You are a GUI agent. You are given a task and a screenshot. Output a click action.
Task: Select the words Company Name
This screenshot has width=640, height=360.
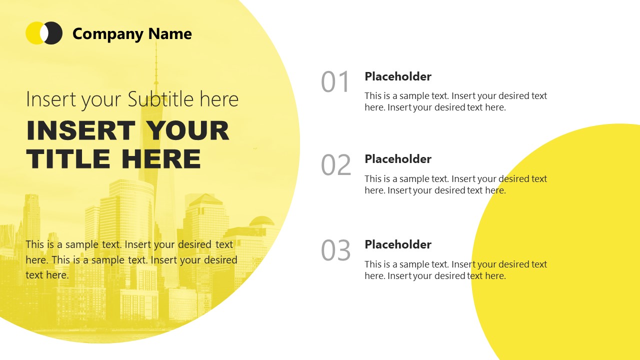(x=132, y=34)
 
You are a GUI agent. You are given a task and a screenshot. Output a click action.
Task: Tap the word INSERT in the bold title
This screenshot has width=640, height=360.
(x=80, y=131)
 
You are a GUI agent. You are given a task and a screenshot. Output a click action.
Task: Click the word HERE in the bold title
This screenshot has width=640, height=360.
(x=160, y=159)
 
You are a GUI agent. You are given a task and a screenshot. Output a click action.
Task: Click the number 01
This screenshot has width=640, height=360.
(x=335, y=82)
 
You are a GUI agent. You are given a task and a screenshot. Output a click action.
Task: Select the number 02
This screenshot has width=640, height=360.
(x=335, y=165)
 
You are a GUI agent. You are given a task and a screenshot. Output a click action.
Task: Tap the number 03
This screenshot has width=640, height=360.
(x=335, y=250)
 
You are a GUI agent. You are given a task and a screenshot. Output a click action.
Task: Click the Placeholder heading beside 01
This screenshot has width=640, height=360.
(x=398, y=76)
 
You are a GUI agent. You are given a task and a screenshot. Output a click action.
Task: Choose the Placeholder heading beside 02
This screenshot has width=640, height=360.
(x=398, y=159)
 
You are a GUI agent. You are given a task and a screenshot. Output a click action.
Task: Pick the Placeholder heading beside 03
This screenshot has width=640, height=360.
(x=398, y=244)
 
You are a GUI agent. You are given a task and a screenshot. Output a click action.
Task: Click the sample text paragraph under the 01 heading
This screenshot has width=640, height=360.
(x=455, y=101)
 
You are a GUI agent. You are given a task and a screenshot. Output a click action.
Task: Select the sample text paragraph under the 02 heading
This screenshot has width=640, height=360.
(x=455, y=184)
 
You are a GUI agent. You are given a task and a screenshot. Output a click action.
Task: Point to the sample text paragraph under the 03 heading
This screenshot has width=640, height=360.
(x=455, y=270)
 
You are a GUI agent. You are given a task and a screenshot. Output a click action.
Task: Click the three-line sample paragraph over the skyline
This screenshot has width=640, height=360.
(x=131, y=259)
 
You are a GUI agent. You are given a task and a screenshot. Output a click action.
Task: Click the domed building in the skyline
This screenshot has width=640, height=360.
(x=261, y=221)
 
